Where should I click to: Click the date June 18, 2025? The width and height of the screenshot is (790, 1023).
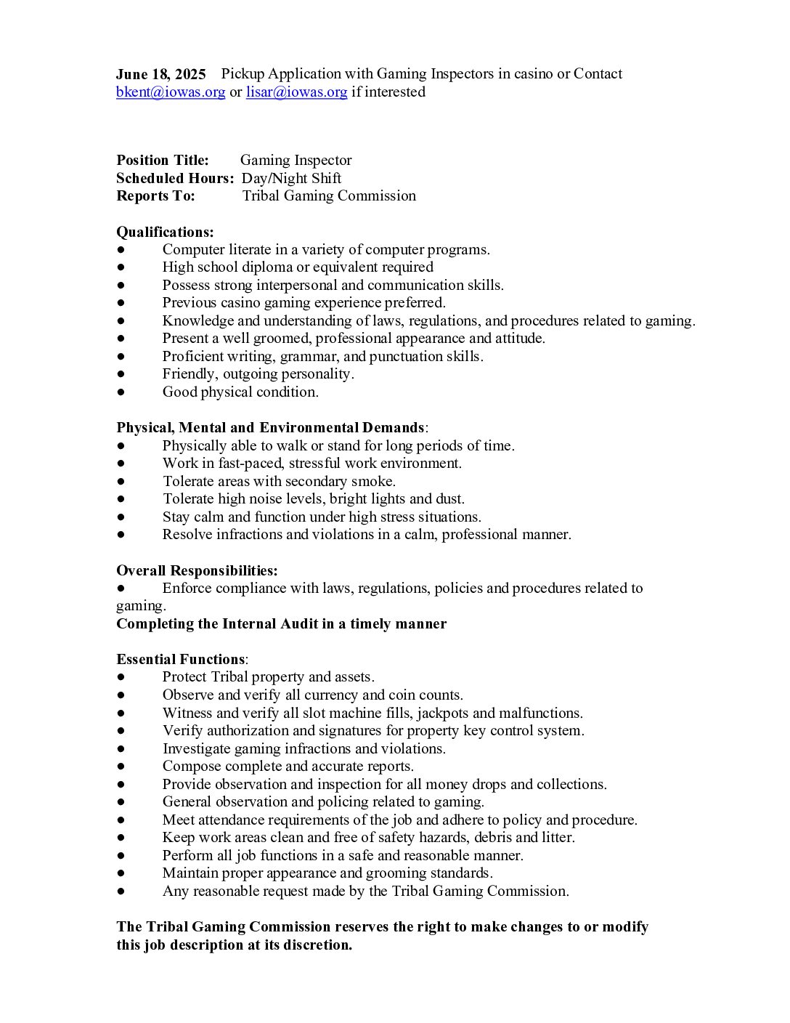160,74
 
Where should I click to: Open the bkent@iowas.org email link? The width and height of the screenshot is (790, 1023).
171,92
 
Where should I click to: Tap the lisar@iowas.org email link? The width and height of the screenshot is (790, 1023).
296,92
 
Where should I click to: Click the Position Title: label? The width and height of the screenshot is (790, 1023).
163,161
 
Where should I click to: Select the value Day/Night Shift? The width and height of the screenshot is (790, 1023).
291,178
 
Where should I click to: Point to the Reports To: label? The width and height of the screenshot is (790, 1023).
155,196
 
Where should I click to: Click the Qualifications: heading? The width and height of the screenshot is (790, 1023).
165,232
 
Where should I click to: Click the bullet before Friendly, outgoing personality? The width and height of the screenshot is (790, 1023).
121,374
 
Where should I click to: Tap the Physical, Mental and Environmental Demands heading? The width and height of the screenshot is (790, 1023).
270,428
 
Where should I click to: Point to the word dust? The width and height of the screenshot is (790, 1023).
449,499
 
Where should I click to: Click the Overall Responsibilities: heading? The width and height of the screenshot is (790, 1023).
197,571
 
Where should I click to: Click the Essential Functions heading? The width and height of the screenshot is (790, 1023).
181,660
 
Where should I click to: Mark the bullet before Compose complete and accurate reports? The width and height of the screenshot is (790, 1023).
121,767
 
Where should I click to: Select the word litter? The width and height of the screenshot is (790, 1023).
556,838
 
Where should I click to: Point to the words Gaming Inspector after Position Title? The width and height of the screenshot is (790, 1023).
296,161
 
